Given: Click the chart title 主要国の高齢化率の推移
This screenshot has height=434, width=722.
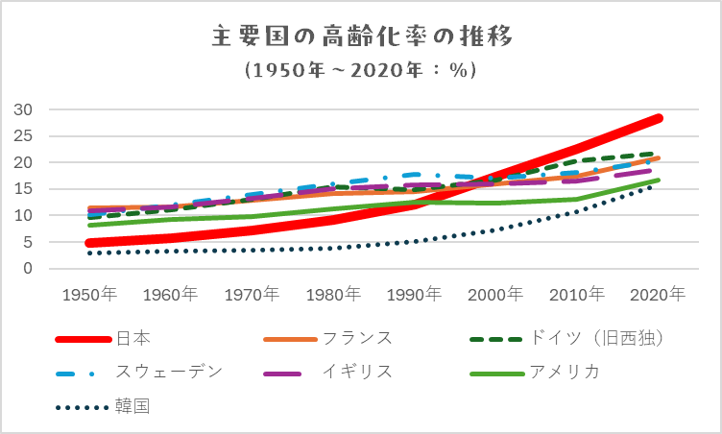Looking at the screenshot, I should pos(361,37).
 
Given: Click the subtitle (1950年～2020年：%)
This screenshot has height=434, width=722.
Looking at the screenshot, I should pos(361,71).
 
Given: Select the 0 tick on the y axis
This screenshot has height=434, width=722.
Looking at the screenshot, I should pos(29,269).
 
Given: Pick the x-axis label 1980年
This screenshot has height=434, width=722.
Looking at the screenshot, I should pos(336,294).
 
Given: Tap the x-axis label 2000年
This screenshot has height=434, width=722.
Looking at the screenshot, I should pos(498,294).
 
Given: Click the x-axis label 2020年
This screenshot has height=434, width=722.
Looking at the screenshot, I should pos(662,294).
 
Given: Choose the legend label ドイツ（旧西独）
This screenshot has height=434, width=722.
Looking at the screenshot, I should pos(595,338).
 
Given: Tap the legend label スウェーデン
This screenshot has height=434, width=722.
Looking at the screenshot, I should pos(169,372).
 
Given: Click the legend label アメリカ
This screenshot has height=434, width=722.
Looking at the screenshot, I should pos(565,372).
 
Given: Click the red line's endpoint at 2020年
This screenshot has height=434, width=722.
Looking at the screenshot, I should pos(659,118).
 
